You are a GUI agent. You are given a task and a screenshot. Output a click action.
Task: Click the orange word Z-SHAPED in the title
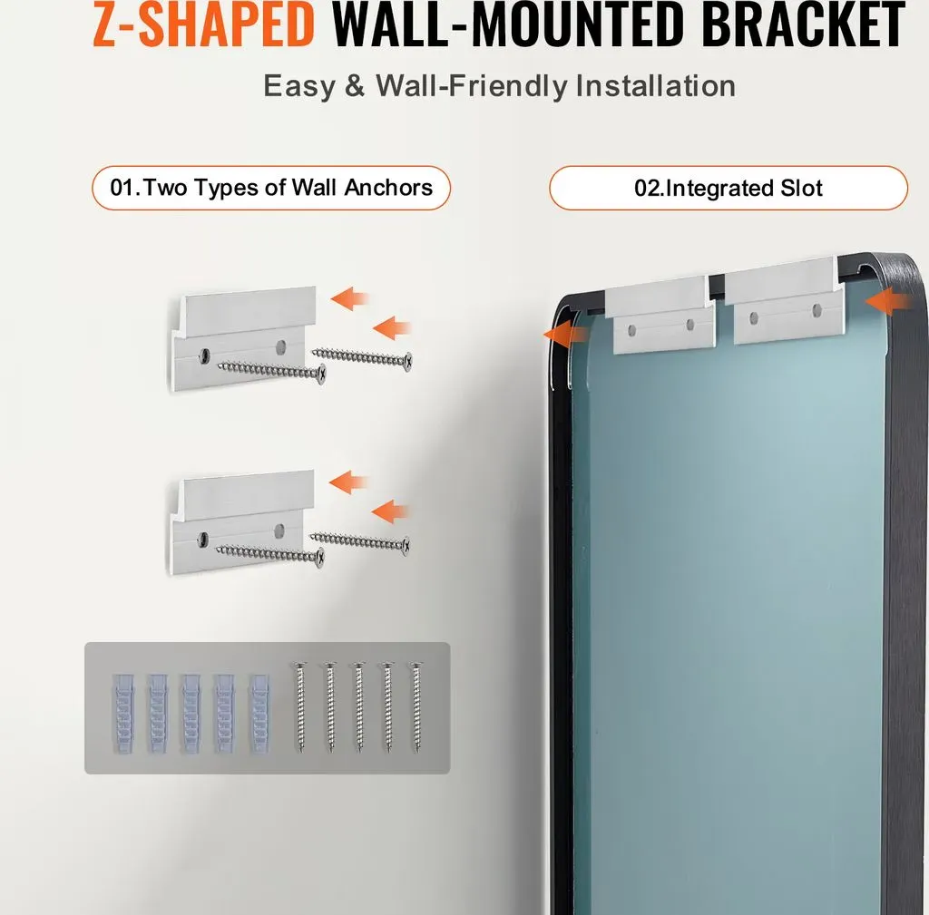(x=203, y=24)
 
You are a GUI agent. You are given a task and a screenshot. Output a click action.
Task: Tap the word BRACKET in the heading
(x=804, y=24)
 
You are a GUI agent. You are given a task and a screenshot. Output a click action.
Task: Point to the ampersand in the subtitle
(x=355, y=86)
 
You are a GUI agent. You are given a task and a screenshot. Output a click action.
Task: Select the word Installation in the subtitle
(x=656, y=86)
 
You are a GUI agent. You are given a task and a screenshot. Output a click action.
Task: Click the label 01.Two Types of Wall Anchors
(x=271, y=188)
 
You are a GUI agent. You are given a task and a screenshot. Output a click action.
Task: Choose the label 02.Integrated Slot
(x=729, y=188)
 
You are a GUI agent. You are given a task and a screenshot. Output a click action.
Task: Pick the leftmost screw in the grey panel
(x=300, y=707)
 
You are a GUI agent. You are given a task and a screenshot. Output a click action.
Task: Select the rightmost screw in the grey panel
(x=416, y=707)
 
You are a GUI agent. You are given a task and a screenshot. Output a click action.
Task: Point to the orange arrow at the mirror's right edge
(x=889, y=301)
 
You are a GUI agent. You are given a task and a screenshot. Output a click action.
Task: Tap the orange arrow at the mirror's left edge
(x=565, y=336)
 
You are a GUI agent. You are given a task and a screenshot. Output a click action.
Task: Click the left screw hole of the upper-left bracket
(x=205, y=355)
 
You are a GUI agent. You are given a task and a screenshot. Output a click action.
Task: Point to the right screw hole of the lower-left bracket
(x=279, y=531)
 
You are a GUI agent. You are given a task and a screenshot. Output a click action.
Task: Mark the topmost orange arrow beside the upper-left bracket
(x=349, y=298)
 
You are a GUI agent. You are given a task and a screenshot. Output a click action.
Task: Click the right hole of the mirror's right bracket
(x=817, y=310)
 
